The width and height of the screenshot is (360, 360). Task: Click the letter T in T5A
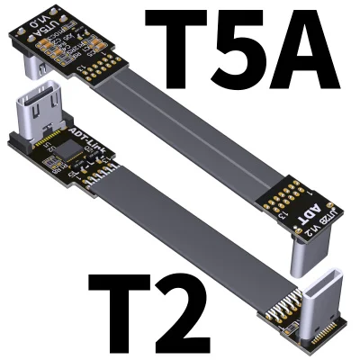tap(178, 40)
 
